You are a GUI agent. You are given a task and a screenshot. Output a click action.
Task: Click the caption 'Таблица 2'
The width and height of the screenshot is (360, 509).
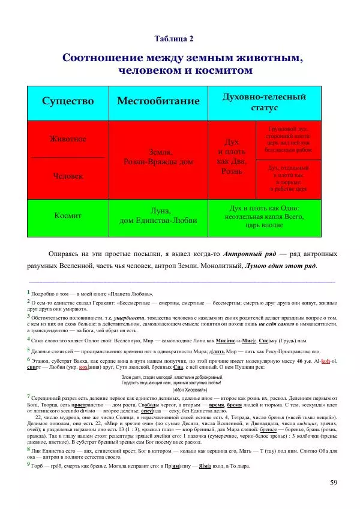coord(174,39)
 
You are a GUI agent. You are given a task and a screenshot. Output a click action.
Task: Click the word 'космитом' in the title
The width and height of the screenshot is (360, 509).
coord(225,70)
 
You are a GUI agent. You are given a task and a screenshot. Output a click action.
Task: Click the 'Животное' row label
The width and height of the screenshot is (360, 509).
coord(67,139)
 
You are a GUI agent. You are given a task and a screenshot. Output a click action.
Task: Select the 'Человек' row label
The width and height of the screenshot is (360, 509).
coord(67,177)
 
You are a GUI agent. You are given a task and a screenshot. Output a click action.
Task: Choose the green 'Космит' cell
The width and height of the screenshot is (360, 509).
coord(67,215)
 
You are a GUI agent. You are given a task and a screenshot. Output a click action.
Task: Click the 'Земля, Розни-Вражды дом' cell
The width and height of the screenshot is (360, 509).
coord(158,157)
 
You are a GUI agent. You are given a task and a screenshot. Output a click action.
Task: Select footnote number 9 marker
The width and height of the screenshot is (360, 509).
coord(29,465)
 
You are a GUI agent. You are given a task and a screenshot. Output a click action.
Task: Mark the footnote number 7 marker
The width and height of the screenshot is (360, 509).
coord(29,397)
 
